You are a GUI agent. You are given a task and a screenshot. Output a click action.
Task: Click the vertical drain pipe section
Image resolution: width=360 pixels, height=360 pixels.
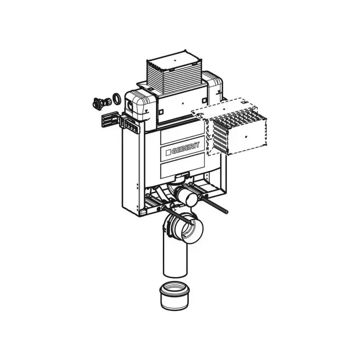click(x=175, y=256)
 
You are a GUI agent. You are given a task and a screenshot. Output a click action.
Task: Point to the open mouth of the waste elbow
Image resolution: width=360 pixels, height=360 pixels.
click(x=193, y=229)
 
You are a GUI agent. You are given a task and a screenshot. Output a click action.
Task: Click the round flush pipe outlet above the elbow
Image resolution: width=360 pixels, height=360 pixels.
click(x=187, y=198)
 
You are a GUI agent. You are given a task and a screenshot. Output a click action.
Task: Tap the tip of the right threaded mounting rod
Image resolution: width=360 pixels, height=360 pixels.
click(x=227, y=213)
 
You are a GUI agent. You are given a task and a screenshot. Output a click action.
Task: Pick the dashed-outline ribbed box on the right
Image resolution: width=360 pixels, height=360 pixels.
click(x=239, y=130)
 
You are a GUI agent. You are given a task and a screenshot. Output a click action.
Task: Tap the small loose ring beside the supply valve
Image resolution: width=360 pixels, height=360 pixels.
click(x=118, y=97)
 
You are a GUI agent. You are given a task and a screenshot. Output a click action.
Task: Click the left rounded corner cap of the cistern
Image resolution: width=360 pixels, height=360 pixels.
click(x=140, y=104)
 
